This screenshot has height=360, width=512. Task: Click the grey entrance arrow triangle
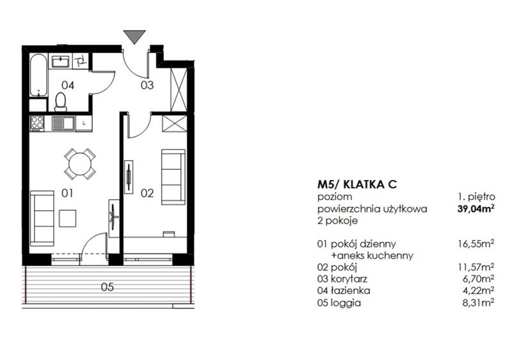point(134,36)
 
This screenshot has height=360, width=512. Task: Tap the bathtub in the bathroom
point(39,75)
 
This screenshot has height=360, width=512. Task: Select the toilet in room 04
point(61,102)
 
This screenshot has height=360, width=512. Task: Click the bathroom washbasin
point(61,61)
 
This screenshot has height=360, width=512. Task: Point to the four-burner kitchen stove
point(37,124)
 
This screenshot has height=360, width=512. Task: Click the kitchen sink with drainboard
point(63,124)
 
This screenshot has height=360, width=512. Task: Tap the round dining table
point(80,164)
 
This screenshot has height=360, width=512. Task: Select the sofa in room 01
point(42,218)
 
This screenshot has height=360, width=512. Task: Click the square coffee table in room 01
point(68,218)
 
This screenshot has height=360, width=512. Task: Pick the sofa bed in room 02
point(173,177)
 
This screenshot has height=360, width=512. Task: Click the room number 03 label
point(147,85)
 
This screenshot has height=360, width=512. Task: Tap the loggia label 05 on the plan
point(107,287)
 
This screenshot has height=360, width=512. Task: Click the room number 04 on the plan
point(68,85)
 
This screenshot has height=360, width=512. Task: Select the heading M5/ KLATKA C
point(357,184)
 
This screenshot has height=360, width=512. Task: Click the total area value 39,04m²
point(476,209)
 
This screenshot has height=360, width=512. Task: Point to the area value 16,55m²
point(476,243)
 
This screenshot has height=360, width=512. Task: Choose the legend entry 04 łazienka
point(344,290)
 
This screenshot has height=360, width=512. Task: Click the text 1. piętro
point(476,197)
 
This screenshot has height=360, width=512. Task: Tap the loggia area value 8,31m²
point(477,302)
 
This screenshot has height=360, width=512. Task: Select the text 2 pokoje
point(337,220)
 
